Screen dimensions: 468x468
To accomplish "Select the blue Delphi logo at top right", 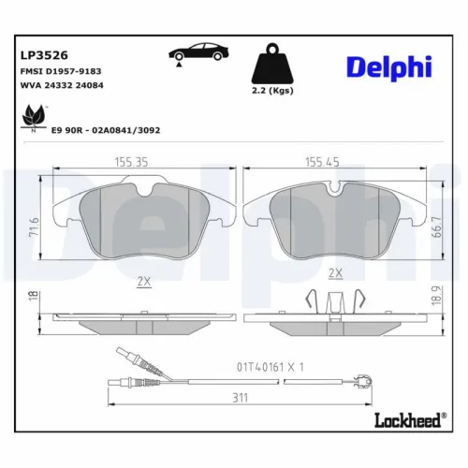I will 391,67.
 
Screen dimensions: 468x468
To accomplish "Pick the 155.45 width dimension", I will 323,162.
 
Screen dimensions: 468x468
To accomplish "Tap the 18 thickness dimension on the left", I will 33,296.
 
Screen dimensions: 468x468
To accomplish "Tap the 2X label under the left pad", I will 144,279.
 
